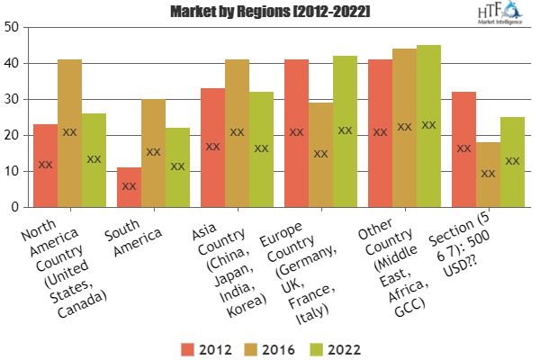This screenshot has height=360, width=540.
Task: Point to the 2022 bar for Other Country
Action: [x=428, y=126]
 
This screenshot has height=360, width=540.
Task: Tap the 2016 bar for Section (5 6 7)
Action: [x=489, y=175]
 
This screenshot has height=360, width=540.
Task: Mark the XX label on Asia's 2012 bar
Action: [x=213, y=146]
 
